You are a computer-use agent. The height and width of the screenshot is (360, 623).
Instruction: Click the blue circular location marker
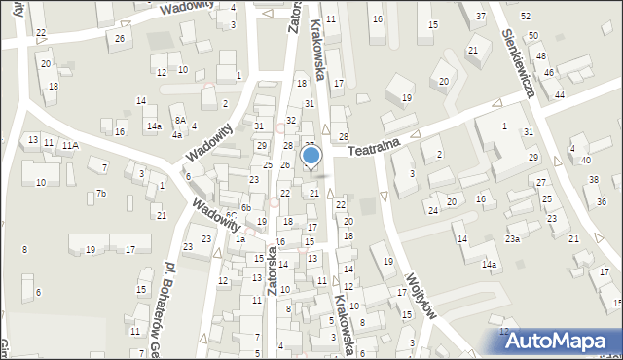click(311, 156)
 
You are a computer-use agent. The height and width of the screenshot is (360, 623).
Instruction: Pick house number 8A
click(180, 120)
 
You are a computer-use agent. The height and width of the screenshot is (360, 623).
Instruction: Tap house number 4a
click(177, 135)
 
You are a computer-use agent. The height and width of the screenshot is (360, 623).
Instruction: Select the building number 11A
click(69, 145)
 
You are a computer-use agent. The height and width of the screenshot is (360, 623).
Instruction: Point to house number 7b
click(100, 194)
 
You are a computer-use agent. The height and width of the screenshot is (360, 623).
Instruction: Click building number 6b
click(246, 207)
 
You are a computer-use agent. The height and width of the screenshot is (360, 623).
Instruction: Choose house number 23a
click(512, 238)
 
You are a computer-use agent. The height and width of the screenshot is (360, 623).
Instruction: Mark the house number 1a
click(239, 238)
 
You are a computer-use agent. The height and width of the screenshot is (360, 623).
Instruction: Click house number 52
click(526, 17)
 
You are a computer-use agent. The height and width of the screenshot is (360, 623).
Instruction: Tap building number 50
click(533, 36)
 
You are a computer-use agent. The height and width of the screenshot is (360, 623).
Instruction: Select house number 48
click(541, 55)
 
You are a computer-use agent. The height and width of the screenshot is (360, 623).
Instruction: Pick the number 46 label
click(549, 73)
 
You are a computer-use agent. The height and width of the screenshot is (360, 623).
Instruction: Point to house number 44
click(560, 94)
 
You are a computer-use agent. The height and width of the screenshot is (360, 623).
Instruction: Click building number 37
click(481, 17)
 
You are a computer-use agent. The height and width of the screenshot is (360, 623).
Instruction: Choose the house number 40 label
click(585, 160)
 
